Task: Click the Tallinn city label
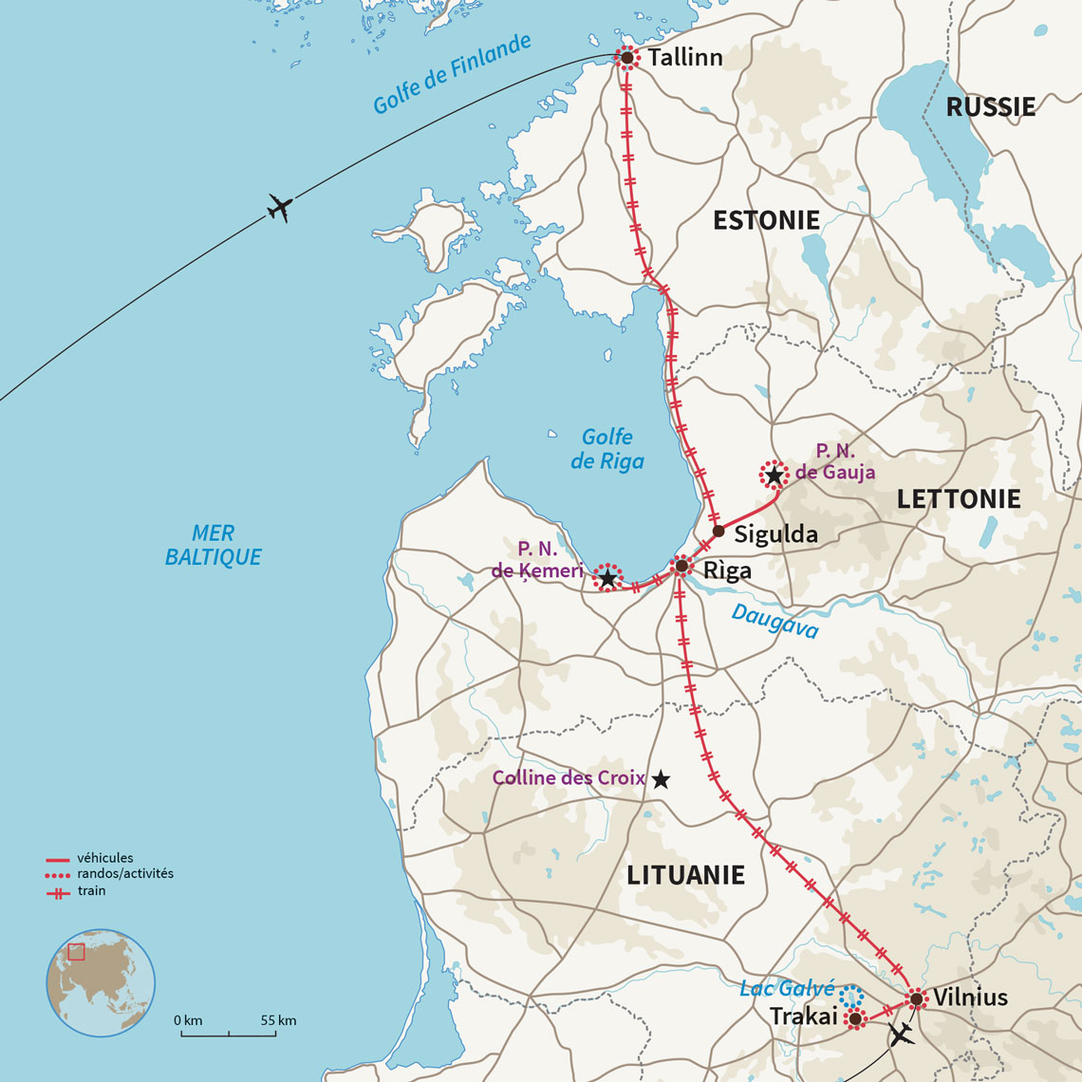pyautogui.click(x=685, y=58)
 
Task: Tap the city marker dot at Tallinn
pyautogui.click(x=626, y=58)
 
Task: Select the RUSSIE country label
pyautogui.click(x=990, y=107)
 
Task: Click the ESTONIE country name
pyautogui.click(x=766, y=220)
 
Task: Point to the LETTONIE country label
pyautogui.click(x=959, y=499)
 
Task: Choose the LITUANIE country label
pyautogui.click(x=685, y=875)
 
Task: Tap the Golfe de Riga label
pyautogui.click(x=607, y=449)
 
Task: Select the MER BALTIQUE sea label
pyautogui.click(x=213, y=545)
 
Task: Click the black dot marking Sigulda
pyautogui.click(x=718, y=532)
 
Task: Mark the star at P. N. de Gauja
pyautogui.click(x=774, y=475)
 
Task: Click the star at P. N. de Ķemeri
pyautogui.click(x=607, y=577)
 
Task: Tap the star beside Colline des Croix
pyautogui.click(x=661, y=779)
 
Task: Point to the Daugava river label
pyautogui.click(x=774, y=623)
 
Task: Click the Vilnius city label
pyautogui.click(x=970, y=998)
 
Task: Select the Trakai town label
pyautogui.click(x=804, y=1017)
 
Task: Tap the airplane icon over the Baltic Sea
pyautogui.click(x=278, y=208)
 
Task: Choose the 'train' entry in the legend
pyautogui.click(x=92, y=891)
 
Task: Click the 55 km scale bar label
pyautogui.click(x=279, y=1020)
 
